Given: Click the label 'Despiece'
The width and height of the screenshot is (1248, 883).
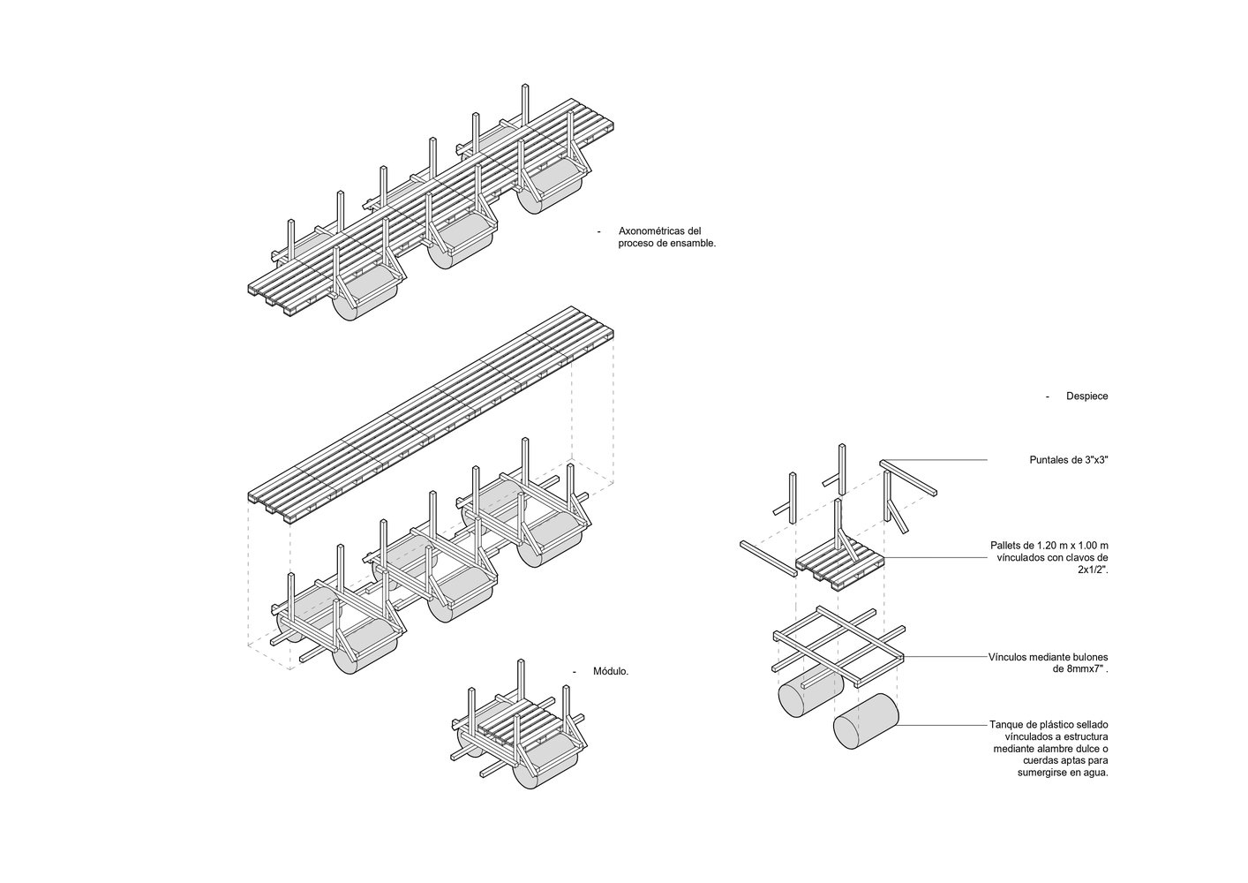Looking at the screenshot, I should (1086, 396).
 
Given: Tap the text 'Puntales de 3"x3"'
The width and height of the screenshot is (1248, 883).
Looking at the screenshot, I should (1069, 460).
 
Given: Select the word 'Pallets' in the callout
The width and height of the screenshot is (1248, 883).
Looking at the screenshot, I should (1007, 546).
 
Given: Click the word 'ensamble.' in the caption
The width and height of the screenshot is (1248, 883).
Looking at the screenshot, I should (693, 243).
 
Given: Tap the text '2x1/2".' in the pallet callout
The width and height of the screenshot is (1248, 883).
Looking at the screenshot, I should (1093, 570).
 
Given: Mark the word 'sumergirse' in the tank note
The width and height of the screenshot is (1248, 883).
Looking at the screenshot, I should (1045, 773).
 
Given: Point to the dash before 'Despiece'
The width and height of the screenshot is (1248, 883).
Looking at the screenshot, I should (1048, 396).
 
